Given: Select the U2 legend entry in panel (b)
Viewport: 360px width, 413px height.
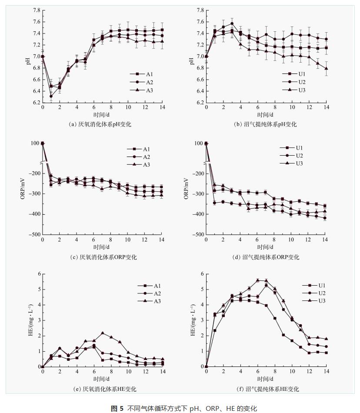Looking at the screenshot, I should pyautogui.click(x=301, y=82).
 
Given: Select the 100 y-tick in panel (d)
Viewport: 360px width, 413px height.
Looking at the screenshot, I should pyautogui.click(x=198, y=143).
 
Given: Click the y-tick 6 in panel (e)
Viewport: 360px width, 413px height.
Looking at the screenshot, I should pyautogui.click(x=38, y=274).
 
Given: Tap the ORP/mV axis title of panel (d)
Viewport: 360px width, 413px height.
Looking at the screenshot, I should pyautogui.click(x=187, y=189).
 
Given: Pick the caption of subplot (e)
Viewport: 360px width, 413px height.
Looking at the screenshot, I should pyautogui.click(x=103, y=389).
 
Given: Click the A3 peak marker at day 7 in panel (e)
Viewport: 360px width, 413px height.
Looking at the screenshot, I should pyautogui.click(x=103, y=333).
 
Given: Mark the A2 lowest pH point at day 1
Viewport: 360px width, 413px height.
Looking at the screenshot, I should pyautogui.click(x=51, y=97).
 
